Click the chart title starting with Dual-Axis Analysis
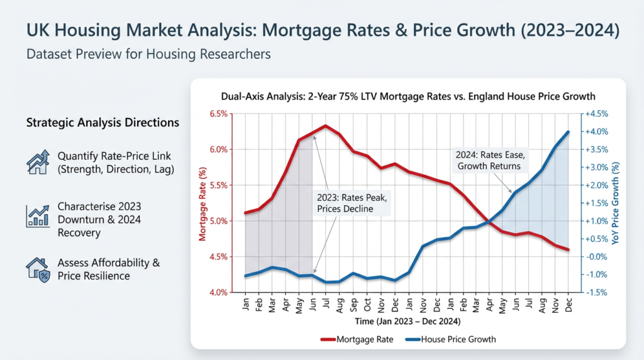pos(408,96)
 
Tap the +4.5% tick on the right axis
pos(597,114)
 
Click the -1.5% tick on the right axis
pos(596,293)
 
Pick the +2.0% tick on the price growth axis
pos(597,186)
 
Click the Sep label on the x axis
pos(354,307)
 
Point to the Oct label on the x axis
pos(368,307)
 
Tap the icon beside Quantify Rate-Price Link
pos(38,162)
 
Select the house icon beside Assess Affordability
pos(38,269)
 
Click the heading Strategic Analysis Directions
pos(103,123)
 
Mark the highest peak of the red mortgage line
pos(325,125)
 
